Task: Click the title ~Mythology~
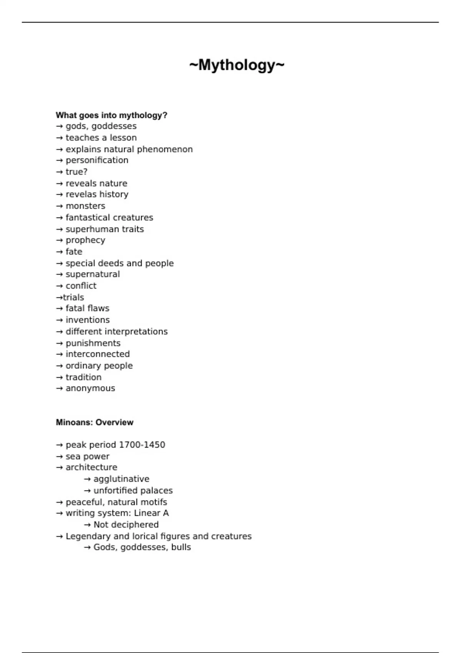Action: coord(237,65)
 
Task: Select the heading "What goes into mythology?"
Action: coord(111,115)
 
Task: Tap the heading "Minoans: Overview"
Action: coord(95,422)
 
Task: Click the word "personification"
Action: coord(97,160)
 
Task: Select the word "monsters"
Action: coord(85,206)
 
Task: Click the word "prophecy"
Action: coord(85,240)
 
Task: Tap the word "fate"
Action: coord(74,252)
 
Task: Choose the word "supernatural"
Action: coord(93,274)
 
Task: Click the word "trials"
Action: coord(73,297)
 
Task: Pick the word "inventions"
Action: coord(88,320)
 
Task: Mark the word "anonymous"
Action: coord(90,388)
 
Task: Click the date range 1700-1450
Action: coord(142,445)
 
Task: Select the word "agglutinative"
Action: coord(121,479)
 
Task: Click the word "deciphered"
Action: coord(134,525)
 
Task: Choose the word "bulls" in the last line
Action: coord(181,547)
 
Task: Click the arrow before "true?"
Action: coord(60,172)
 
